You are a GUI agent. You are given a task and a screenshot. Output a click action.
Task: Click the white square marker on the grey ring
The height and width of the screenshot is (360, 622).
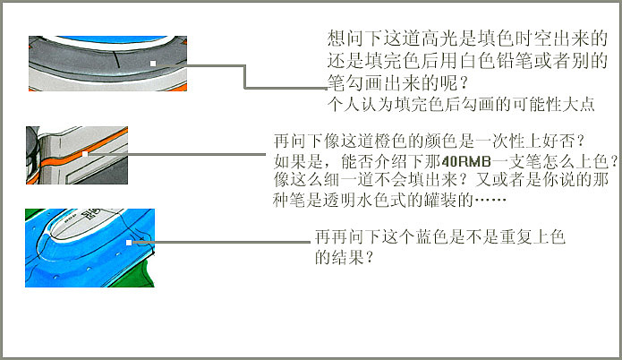pos(153,64)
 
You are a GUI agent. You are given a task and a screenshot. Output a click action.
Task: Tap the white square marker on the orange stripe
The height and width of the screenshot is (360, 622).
pos(85,154)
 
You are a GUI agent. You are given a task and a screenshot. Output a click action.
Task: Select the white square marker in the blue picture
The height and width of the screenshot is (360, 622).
pos(129,242)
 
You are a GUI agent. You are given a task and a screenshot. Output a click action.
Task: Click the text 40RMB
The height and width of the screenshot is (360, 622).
pos(466,161)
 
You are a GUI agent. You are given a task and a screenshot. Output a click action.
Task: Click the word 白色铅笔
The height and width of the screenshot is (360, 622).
pos(495,61)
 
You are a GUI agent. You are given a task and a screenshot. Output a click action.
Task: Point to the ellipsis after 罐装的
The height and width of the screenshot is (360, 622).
pos(490,200)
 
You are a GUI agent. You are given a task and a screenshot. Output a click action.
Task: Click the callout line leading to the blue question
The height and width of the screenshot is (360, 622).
pos(220,242)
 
